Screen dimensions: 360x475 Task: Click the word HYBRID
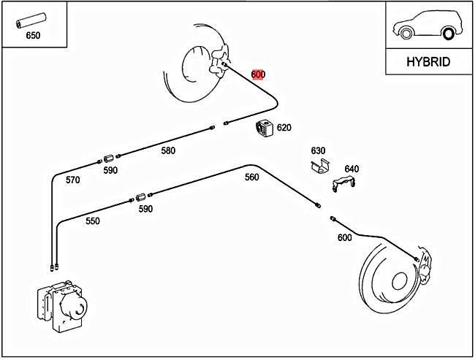pyautogui.click(x=427, y=62)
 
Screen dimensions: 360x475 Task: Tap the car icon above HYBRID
pyautogui.click(x=427, y=29)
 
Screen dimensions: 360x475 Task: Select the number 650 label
pyautogui.click(x=33, y=34)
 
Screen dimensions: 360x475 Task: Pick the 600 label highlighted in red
pyautogui.click(x=258, y=74)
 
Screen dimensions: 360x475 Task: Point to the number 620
pyautogui.click(x=284, y=128)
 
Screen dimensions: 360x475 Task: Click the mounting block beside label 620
pyautogui.click(x=264, y=128)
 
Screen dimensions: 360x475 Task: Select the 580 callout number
pyautogui.click(x=168, y=151)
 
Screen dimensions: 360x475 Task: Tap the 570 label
pyautogui.click(x=73, y=180)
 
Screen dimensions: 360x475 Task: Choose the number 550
pyautogui.click(x=92, y=221)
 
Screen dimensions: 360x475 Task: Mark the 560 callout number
pyautogui.click(x=251, y=177)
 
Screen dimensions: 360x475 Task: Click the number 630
pyautogui.click(x=318, y=151)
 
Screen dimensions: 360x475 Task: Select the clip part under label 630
pyautogui.click(x=317, y=166)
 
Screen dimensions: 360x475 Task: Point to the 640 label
pyautogui.click(x=351, y=169)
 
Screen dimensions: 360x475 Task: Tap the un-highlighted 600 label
pyautogui.click(x=344, y=237)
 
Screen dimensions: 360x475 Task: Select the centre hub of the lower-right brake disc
pyautogui.click(x=398, y=282)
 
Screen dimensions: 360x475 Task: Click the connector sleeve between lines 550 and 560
pyautogui.click(x=140, y=196)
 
